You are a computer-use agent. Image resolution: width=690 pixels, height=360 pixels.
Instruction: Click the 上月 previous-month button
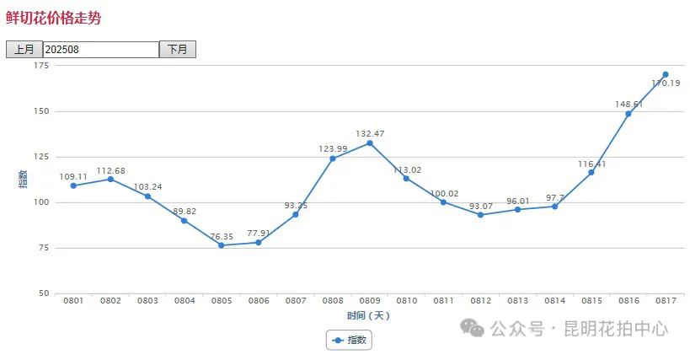pos(24,50)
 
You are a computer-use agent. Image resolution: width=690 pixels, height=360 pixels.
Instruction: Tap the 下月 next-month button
pos(177,50)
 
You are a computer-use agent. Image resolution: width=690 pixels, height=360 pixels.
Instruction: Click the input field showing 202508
pos(100,50)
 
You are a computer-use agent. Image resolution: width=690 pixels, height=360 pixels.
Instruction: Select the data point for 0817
pos(665,74)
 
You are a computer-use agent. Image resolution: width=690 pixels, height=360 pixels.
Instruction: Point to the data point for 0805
pos(221,245)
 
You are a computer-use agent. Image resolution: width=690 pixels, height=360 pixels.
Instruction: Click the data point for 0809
pos(369,143)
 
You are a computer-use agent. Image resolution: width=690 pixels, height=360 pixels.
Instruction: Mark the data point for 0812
pos(480,215)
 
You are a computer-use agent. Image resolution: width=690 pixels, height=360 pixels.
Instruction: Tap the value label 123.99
pos(332,148)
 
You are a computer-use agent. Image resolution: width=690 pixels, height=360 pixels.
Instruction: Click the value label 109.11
pos(73,175)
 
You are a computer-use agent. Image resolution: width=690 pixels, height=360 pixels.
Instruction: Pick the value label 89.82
pos(183,211)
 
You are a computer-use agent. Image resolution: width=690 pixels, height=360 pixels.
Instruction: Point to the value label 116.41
pos(591,164)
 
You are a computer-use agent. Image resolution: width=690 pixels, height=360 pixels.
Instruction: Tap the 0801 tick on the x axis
pos(73,301)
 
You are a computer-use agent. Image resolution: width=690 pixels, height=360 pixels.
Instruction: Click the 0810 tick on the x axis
pos(406,301)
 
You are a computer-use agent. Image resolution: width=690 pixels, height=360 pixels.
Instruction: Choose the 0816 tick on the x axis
pos(628,301)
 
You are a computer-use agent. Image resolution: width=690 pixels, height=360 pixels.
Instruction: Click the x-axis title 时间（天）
pos(368,315)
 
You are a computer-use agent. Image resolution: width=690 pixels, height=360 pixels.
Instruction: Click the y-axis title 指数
pos(23,179)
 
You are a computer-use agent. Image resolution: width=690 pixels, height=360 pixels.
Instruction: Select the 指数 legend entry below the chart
pos(349,340)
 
